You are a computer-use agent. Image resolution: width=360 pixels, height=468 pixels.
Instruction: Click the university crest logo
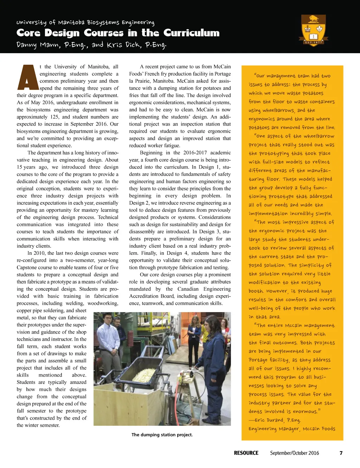[313, 31]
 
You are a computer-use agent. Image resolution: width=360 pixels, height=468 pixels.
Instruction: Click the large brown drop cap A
[27, 77]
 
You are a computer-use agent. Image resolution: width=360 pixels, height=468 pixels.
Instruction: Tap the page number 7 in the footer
[341, 453]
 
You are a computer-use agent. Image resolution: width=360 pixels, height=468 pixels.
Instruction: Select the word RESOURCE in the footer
[246, 453]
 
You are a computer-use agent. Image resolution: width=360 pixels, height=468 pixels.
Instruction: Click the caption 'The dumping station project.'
[162, 435]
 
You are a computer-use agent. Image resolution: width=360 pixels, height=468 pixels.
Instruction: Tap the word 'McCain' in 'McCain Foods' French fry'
[221, 67]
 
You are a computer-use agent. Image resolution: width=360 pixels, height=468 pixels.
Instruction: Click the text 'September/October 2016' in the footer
[294, 453]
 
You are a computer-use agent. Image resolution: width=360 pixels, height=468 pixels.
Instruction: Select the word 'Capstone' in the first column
[27, 267]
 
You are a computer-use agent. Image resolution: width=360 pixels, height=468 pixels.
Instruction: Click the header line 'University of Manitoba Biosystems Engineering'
[85, 23]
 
